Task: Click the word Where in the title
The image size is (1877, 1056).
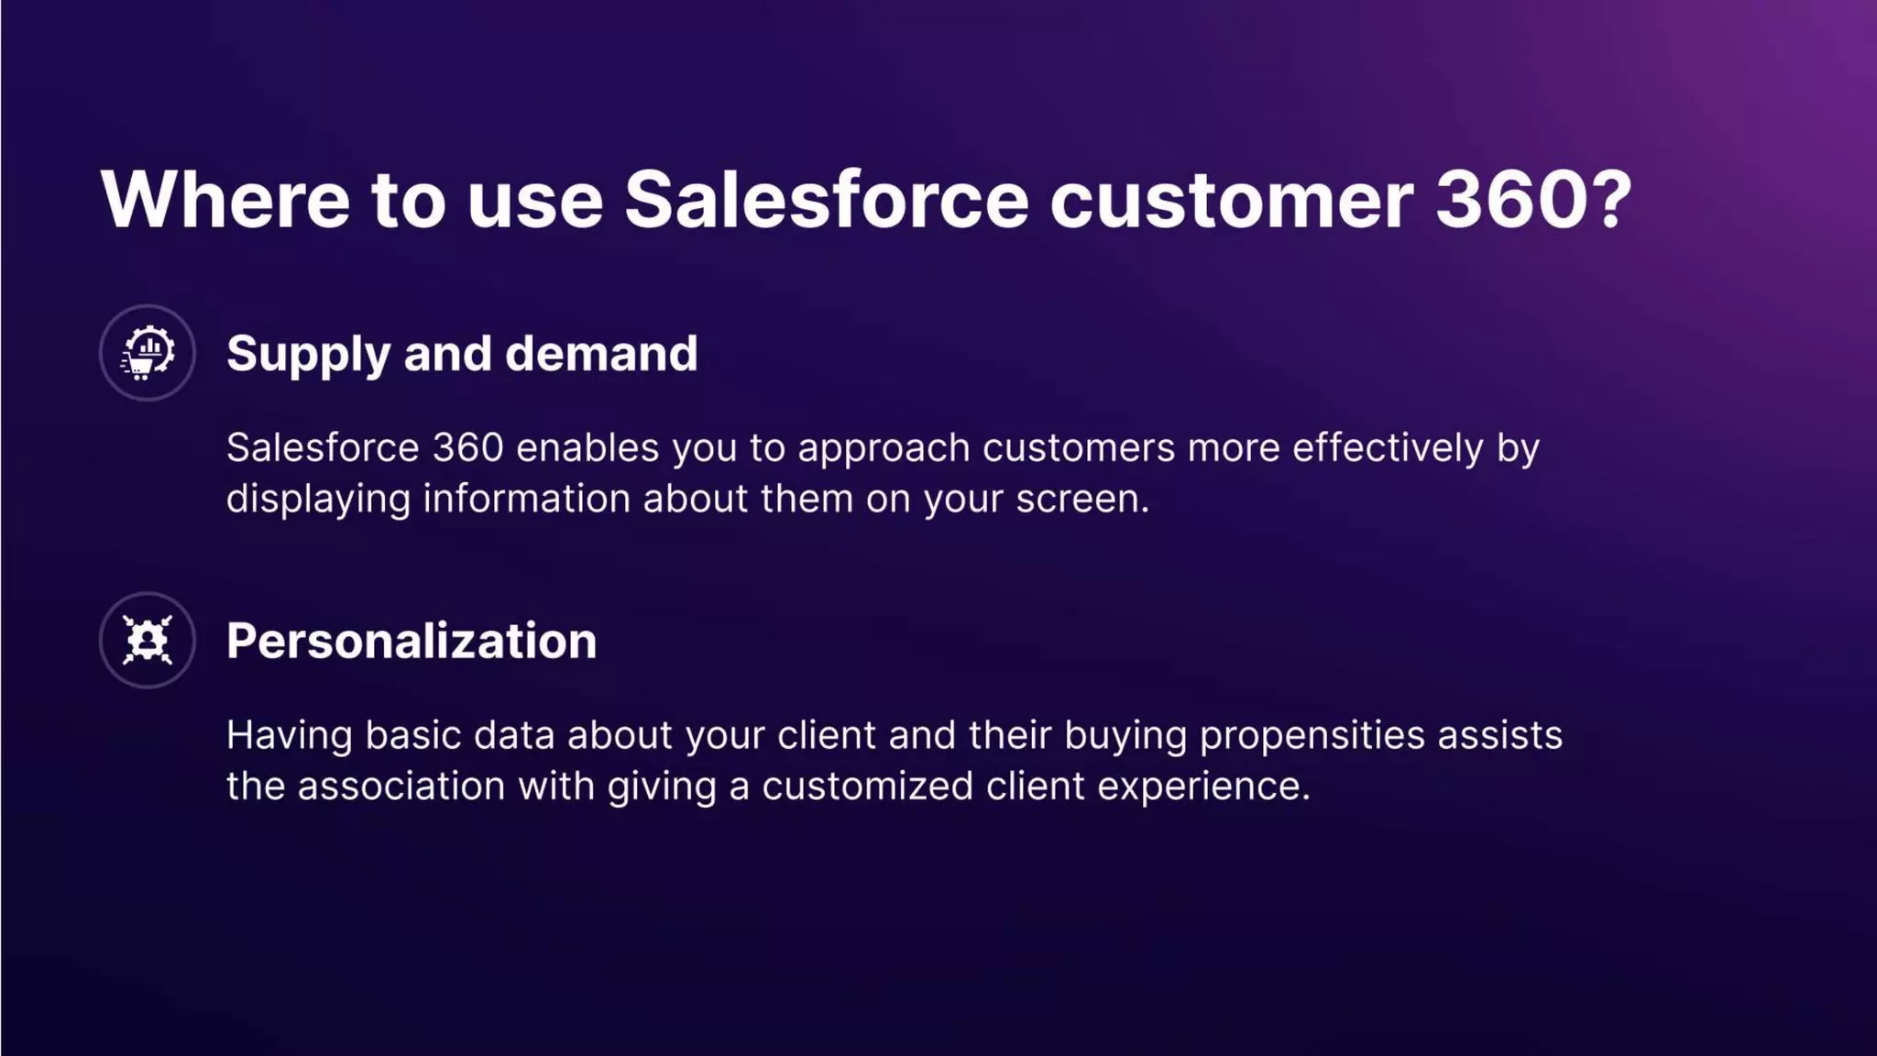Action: click(x=225, y=200)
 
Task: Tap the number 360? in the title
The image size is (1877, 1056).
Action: click(x=1533, y=200)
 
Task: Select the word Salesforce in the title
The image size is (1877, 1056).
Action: click(x=826, y=200)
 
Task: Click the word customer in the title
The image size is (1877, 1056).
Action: click(x=1231, y=200)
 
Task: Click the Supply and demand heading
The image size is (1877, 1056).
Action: click(x=462, y=354)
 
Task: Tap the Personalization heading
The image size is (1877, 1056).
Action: click(x=412, y=641)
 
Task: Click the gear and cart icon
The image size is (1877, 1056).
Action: click(x=148, y=353)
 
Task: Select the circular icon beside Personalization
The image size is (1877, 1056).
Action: click(x=148, y=640)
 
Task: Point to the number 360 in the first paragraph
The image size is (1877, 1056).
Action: click(x=467, y=448)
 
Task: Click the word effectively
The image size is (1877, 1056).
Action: click(x=1388, y=448)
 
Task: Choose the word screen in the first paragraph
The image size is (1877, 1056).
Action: click(x=1081, y=500)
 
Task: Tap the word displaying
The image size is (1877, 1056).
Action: click(x=318, y=500)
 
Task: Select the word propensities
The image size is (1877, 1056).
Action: click(x=1312, y=736)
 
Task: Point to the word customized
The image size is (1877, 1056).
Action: click(x=867, y=786)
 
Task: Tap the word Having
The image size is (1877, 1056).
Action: click(x=289, y=736)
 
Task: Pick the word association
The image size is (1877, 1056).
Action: click(x=401, y=786)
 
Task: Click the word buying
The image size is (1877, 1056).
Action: click(x=1125, y=736)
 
